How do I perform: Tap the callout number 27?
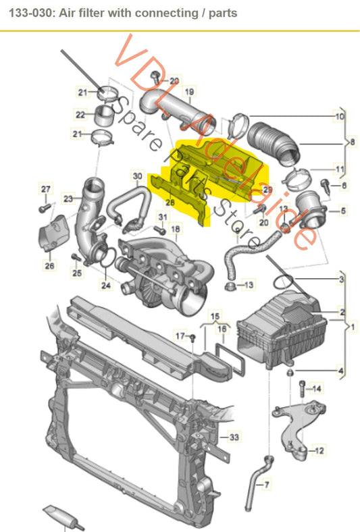46,188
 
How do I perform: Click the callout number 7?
266,485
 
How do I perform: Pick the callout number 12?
319,450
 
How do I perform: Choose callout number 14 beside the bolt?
318,388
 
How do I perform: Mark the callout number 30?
137,177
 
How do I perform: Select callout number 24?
104,286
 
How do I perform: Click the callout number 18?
175,230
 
